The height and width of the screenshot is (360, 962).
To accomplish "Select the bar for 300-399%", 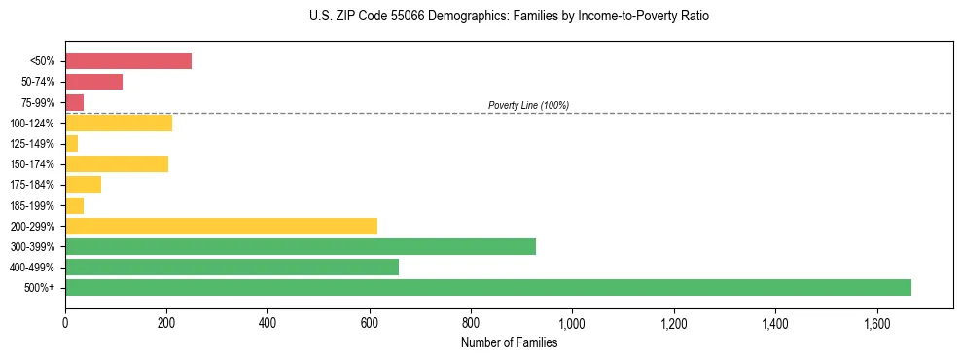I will click(301, 246).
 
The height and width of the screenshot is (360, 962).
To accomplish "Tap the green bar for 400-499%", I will click(232, 267).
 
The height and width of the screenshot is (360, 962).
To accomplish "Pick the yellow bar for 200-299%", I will click(221, 226).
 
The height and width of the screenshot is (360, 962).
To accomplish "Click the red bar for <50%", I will click(128, 61).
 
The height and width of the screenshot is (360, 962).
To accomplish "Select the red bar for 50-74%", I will click(93, 82).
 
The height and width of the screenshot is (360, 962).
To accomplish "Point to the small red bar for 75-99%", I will click(75, 102).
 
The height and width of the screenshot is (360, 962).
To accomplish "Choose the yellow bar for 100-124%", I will click(119, 123).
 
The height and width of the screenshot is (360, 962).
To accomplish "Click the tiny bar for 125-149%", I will click(72, 144).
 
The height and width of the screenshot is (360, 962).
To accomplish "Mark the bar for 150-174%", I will click(117, 163).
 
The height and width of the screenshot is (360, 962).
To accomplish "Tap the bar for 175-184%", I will click(84, 185).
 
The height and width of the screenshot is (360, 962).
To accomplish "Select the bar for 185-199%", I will click(75, 205).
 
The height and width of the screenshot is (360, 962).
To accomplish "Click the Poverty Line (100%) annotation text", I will click(528, 105).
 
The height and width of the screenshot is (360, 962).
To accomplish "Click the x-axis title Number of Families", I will click(509, 342).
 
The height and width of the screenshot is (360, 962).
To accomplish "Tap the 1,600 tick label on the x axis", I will click(876, 323).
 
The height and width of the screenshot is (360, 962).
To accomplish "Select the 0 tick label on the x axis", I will click(65, 323).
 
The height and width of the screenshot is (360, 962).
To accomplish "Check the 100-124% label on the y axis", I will click(32, 124).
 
